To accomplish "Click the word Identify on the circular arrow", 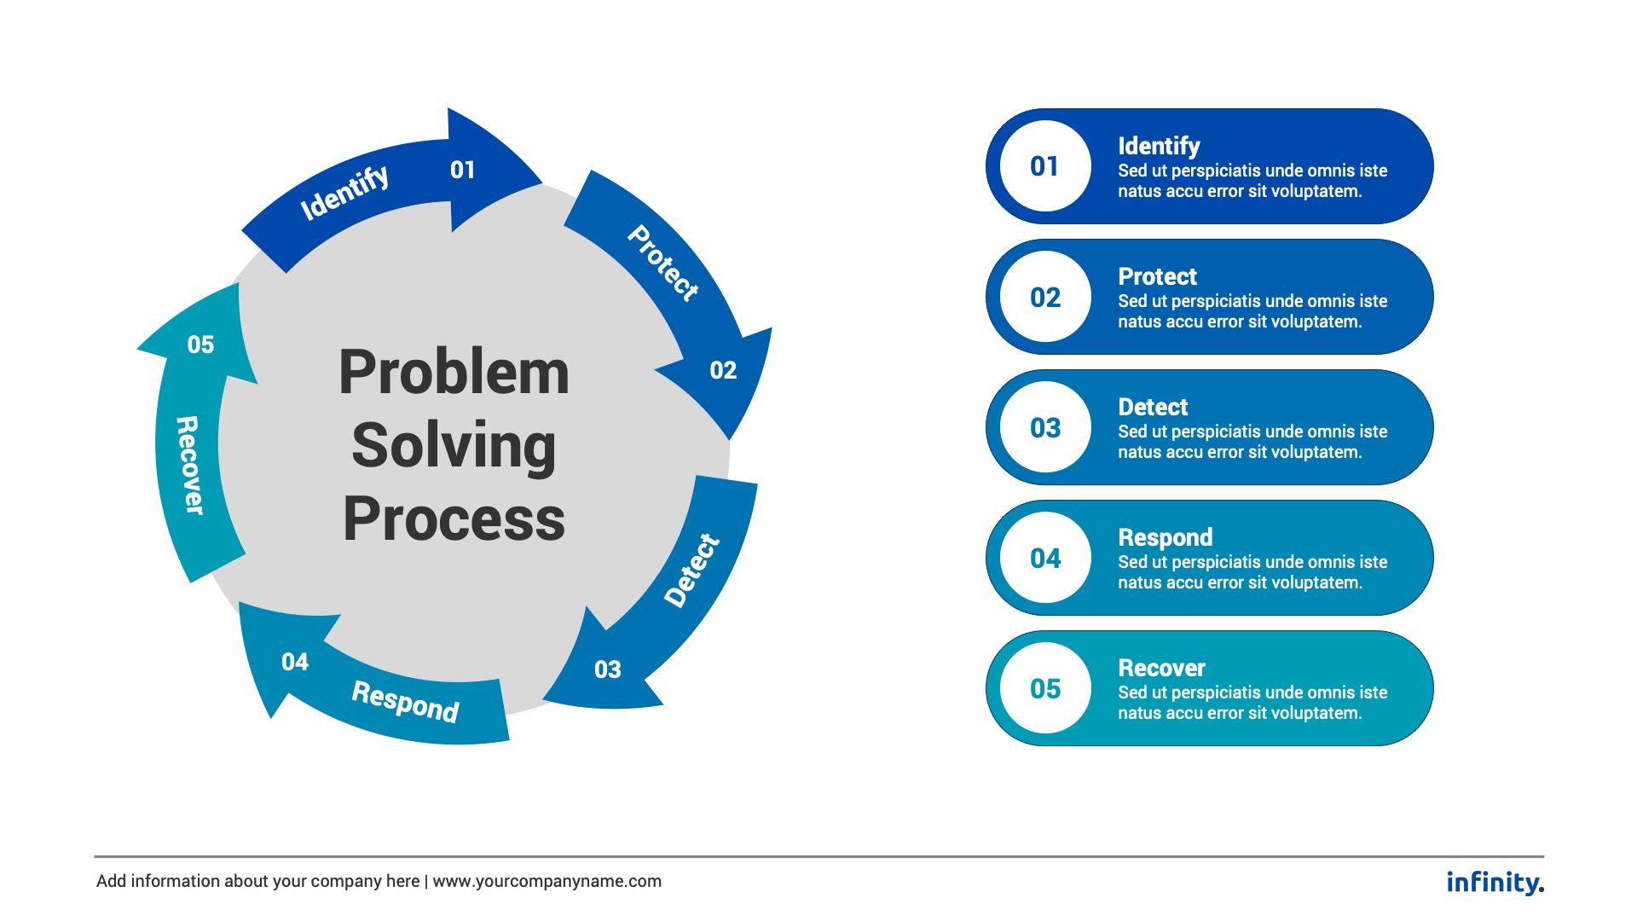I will pyautogui.click(x=344, y=192).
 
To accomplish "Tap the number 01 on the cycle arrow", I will pyautogui.click(x=462, y=170).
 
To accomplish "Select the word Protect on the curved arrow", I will pyautogui.click(x=663, y=263).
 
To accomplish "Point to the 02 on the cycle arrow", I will pyautogui.click(x=723, y=370).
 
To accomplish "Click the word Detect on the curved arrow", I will pyautogui.click(x=691, y=571).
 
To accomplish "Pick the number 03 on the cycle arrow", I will pyautogui.click(x=608, y=669).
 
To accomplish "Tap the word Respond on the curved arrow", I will pyautogui.click(x=405, y=701).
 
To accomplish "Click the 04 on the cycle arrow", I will pyautogui.click(x=295, y=662).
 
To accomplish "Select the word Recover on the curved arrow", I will pyautogui.click(x=189, y=465).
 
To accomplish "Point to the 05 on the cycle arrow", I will pyautogui.click(x=200, y=345).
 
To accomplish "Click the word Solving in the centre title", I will pyautogui.click(x=454, y=445).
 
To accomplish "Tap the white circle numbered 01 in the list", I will pyautogui.click(x=1045, y=166).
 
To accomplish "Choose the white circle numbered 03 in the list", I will pyautogui.click(x=1045, y=427).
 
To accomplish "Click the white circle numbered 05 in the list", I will pyautogui.click(x=1045, y=688).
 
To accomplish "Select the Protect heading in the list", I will pyautogui.click(x=1157, y=276).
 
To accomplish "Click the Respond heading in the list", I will pyautogui.click(x=1165, y=537).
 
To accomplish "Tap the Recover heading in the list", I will pyautogui.click(x=1161, y=668).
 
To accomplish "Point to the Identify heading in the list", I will pyautogui.click(x=1159, y=146).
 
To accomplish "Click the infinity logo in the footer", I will pyautogui.click(x=1495, y=882).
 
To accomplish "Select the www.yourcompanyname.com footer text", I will pyautogui.click(x=547, y=881).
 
